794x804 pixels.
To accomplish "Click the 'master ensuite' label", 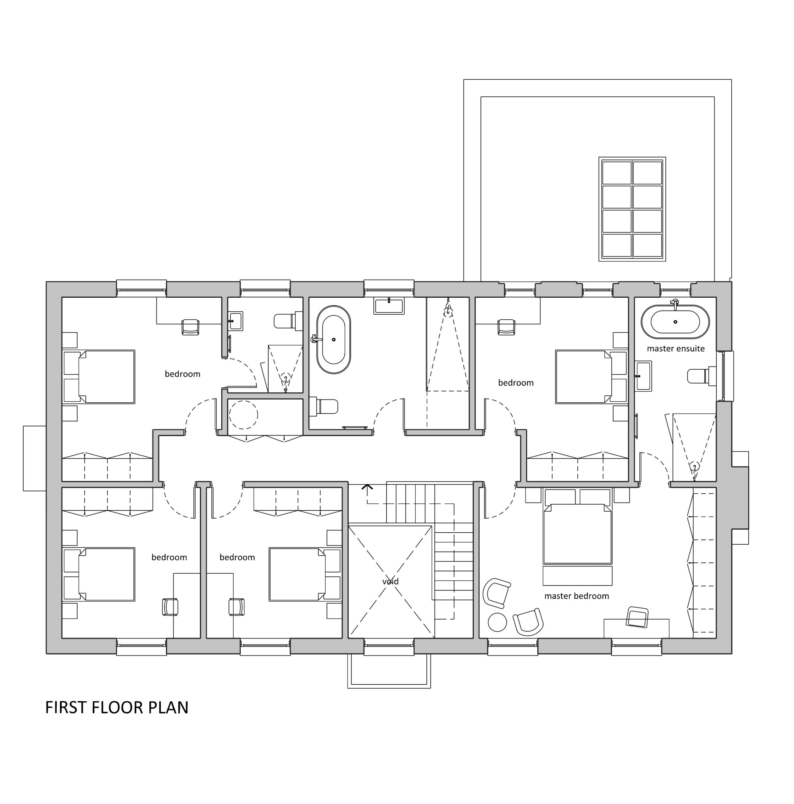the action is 675,349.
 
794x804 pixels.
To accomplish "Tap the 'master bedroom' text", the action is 576,596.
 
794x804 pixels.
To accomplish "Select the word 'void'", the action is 390,581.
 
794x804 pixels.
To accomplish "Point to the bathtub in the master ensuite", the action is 675,322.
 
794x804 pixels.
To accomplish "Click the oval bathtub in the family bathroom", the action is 333,340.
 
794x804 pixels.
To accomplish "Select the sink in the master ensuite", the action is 644,376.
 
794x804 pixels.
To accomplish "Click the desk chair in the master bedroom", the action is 637,617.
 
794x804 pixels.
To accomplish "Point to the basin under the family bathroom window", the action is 389,306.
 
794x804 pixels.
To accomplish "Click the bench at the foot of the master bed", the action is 577,576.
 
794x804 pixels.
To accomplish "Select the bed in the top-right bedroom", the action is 591,377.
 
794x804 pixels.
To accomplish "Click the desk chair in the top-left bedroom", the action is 191,327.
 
